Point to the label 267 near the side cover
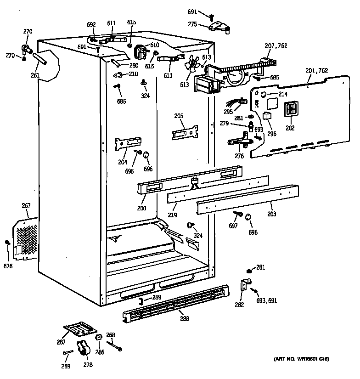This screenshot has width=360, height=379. tap(26, 205)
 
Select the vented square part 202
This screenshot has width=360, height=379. tap(291, 110)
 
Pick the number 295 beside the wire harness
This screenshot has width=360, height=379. tap(228, 111)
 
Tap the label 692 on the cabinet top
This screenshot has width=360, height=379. tap(91, 25)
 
